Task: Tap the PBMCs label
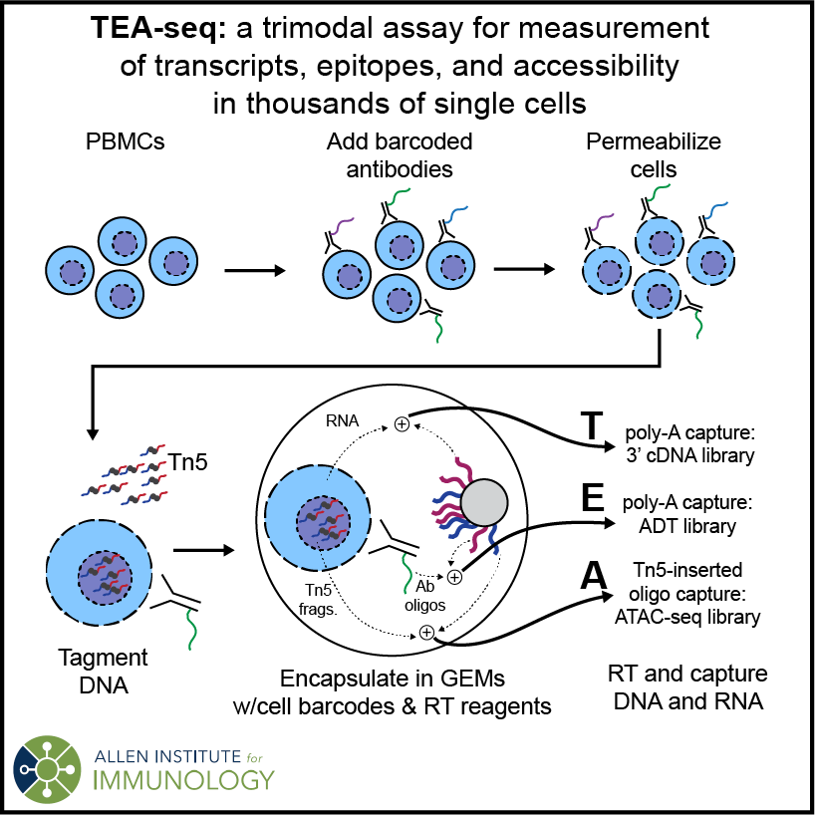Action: (x=124, y=142)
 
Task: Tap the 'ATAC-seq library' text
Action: (x=695, y=617)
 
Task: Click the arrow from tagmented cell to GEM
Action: (x=203, y=549)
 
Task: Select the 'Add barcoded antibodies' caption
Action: (x=399, y=155)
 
